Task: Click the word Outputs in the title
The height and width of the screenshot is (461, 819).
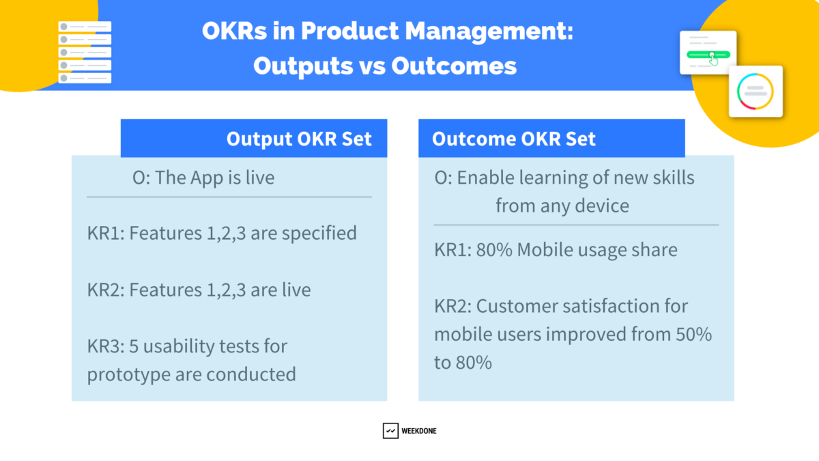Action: (x=304, y=66)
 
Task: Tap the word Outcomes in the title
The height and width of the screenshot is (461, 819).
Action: (x=454, y=66)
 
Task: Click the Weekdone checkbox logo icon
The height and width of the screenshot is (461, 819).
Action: (x=390, y=431)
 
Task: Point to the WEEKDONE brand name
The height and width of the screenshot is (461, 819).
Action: (x=418, y=431)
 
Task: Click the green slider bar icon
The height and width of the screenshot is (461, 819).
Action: (x=708, y=55)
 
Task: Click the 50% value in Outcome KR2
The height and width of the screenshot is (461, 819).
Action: (x=693, y=335)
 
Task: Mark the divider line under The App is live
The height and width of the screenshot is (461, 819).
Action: (x=229, y=197)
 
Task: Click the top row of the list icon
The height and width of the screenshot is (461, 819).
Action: (x=85, y=27)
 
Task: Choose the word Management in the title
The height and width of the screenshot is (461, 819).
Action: (x=489, y=32)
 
